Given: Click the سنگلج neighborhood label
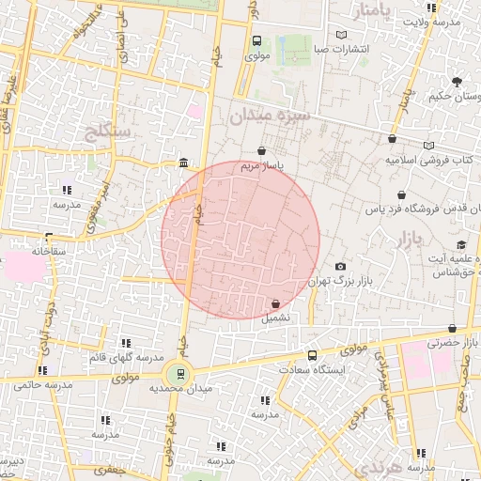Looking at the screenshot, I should pyautogui.click(x=110, y=130).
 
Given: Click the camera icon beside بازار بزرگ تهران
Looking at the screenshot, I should pyautogui.click(x=340, y=267).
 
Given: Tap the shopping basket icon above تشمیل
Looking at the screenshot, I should pyautogui.click(x=275, y=304).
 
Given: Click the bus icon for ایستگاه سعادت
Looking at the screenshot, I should pyautogui.click(x=313, y=355).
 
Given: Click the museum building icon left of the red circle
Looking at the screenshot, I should pyautogui.click(x=181, y=163).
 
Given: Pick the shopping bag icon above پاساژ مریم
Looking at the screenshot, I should pyautogui.click(x=261, y=150).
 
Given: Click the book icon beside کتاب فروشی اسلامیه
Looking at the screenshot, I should pyautogui.click(x=429, y=147).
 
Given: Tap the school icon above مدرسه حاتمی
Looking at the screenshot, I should pyautogui.click(x=42, y=370).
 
